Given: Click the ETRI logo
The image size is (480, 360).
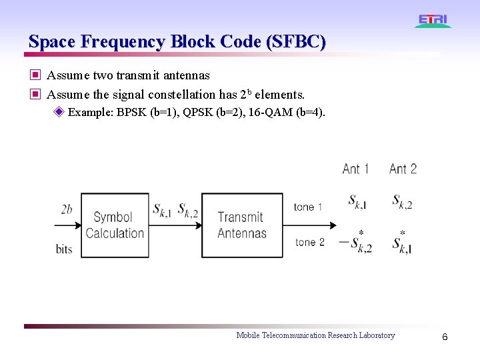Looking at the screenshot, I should [433, 21].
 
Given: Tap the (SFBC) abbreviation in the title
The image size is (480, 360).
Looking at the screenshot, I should [295, 41].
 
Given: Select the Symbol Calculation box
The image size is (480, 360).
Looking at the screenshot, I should [114, 225].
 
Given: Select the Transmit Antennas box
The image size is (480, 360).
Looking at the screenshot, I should [241, 225].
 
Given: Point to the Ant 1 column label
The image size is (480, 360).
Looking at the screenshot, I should [355, 169].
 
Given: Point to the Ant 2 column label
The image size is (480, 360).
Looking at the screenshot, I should [403, 169].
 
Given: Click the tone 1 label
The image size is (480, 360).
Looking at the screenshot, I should [308, 207].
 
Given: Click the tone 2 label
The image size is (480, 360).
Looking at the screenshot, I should [309, 241].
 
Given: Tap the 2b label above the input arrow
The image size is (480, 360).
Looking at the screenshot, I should [67, 209].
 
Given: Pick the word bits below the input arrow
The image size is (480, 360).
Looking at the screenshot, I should [64, 249].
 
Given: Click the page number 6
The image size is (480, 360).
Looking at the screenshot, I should [445, 337].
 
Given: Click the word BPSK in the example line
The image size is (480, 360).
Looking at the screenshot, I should [132, 111].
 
